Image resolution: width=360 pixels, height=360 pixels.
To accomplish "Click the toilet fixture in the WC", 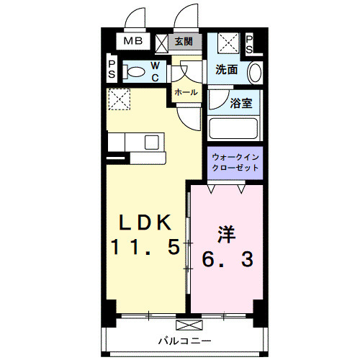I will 132,72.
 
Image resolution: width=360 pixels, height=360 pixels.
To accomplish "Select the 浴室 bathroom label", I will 240,103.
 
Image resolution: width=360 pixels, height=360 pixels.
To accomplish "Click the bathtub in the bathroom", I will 233,130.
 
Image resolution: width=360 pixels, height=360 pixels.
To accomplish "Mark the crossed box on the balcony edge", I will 184,324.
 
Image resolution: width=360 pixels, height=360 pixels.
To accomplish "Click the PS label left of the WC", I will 112,70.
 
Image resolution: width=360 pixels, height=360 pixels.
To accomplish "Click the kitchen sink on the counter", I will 152,142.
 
